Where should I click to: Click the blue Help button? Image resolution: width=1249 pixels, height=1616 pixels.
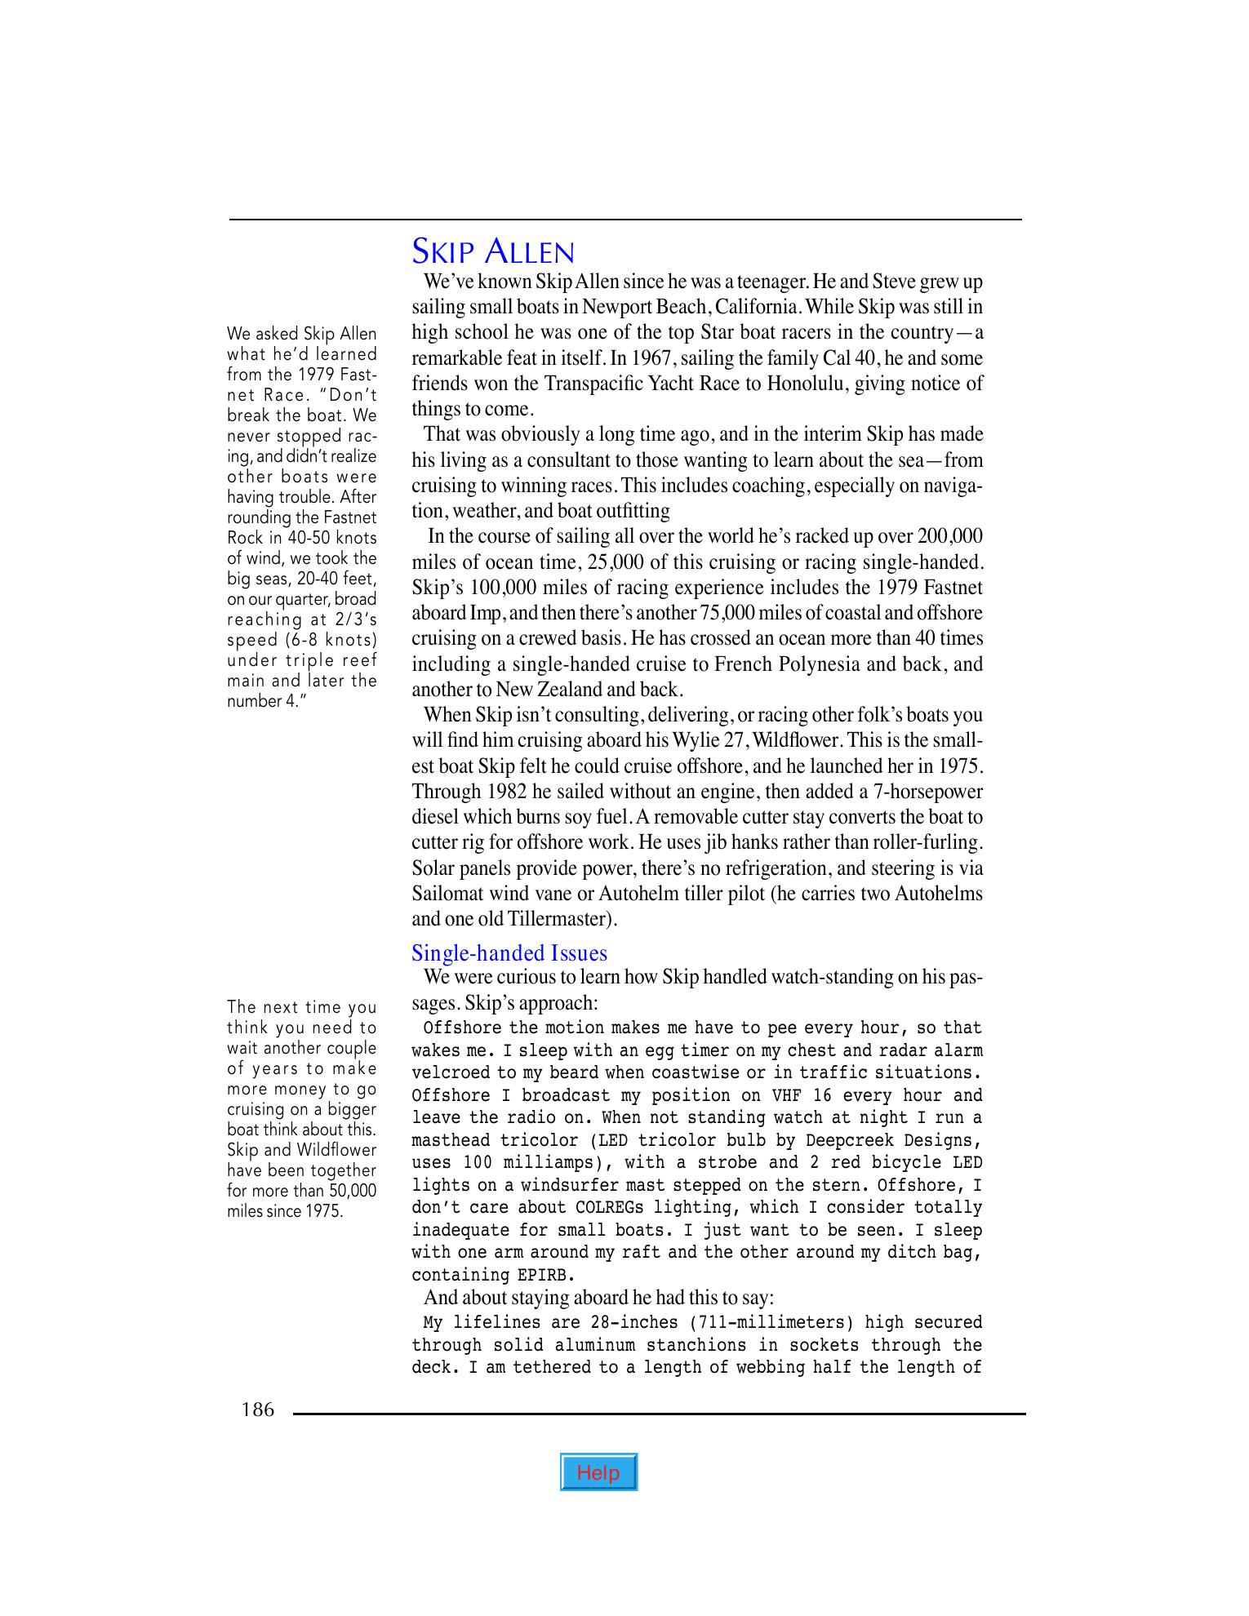(598, 1472)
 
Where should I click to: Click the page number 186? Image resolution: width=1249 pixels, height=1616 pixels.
(258, 1410)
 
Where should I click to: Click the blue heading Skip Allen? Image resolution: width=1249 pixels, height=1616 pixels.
(493, 251)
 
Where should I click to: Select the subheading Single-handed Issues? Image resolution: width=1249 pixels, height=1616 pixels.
(509, 953)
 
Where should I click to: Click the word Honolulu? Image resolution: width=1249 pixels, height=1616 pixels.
(805, 384)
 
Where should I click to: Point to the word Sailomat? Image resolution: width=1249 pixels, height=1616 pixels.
(447, 893)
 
